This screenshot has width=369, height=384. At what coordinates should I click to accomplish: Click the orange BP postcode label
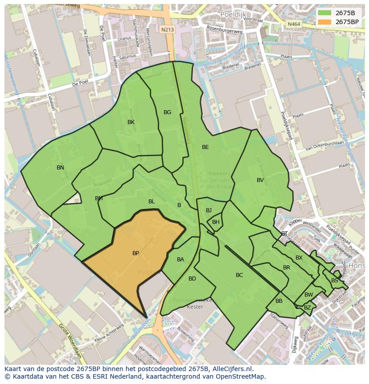[x=135, y=253]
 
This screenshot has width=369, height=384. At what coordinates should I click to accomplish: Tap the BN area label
[x=60, y=168]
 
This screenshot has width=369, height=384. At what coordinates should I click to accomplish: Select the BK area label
[x=131, y=122]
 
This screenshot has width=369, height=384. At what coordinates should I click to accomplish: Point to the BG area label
[x=167, y=112]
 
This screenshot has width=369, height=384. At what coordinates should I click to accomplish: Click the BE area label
[x=205, y=147]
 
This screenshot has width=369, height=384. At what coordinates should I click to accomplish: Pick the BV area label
[x=260, y=180]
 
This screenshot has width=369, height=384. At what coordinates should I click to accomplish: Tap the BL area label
[x=152, y=202]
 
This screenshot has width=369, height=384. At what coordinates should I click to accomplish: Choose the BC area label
[x=239, y=275]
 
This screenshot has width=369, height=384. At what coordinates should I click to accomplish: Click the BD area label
[x=192, y=279]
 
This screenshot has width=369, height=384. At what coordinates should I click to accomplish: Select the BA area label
[x=180, y=260]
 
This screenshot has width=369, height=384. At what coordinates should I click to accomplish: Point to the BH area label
[x=216, y=222]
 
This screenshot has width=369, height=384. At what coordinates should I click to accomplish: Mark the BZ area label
[x=307, y=308]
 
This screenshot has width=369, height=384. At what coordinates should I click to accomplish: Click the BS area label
[x=335, y=281]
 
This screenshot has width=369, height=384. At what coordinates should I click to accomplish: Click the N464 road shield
[x=294, y=24]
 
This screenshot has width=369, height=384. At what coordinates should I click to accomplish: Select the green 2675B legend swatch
[x=324, y=12]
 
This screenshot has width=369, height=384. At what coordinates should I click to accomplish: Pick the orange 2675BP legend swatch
[x=324, y=21]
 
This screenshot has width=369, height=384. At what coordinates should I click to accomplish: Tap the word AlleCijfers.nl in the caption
[x=233, y=369]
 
